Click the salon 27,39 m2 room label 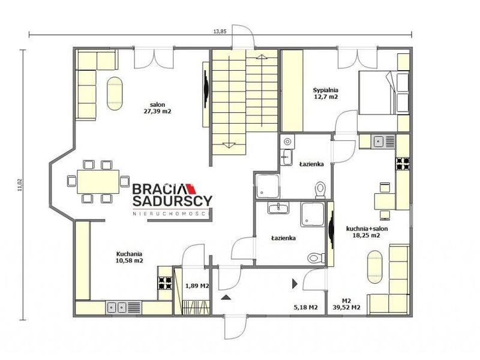tap(157, 108)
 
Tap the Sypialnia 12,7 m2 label tap(325, 94)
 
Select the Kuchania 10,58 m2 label tap(130, 257)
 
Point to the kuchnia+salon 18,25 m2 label tap(367, 232)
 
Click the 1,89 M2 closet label tap(197, 286)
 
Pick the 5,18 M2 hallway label tap(305, 307)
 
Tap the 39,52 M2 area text tap(347, 307)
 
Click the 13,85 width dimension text tap(220, 31)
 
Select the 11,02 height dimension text tap(20, 185)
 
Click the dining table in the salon tap(98, 182)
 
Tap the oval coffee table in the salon tap(115, 94)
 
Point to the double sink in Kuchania tap(117, 307)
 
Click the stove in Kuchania tap(165, 283)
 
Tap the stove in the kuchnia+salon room tap(403, 163)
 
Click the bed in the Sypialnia tap(383, 93)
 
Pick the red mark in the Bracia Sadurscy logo tap(191, 188)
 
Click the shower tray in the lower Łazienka tap(313, 214)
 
